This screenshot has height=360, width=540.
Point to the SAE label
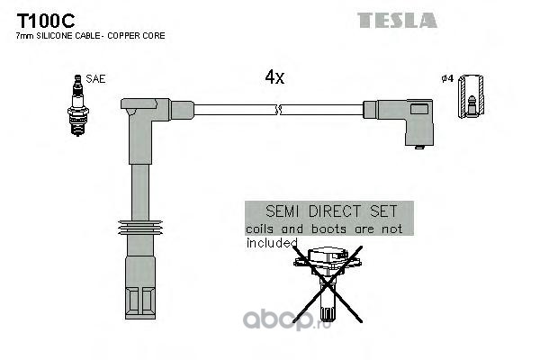[x=96, y=79]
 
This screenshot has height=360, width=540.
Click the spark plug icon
[x=76, y=105]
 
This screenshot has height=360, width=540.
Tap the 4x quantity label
[x=274, y=78]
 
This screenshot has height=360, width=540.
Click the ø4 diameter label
[x=447, y=79]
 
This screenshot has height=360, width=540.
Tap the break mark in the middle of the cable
[x=280, y=111]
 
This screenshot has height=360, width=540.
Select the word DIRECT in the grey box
[x=328, y=214]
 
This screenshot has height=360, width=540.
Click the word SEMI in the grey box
[x=270, y=214]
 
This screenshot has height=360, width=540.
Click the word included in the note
[x=271, y=242]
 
